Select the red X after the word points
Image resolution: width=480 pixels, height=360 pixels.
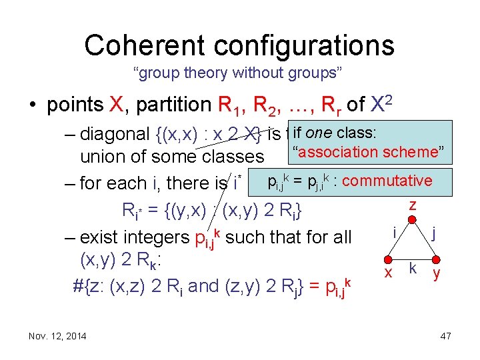pos(114,105)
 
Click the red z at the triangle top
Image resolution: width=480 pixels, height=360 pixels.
pos(413,205)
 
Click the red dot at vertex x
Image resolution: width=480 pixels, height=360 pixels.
pos(388,261)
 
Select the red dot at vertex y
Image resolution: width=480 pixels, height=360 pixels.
pos(437,261)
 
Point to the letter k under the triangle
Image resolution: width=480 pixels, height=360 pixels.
pos(413,268)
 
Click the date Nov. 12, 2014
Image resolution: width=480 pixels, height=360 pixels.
pos(57,336)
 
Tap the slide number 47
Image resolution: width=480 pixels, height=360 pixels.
pos(445,336)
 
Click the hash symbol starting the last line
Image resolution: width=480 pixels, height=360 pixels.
pos(78,286)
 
